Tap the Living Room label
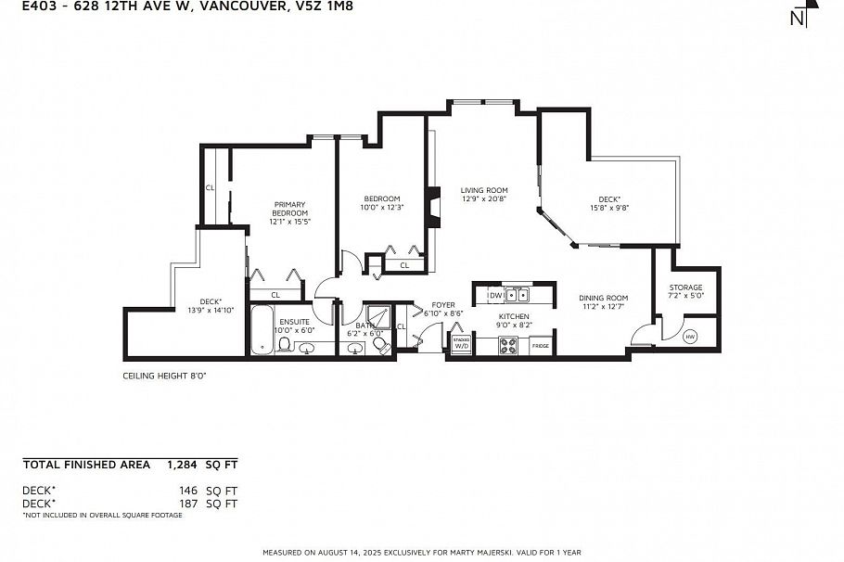point(484,190)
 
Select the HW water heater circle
point(689,337)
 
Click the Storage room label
point(685,287)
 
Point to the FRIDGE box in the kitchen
point(541,346)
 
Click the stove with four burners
point(509,345)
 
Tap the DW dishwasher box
point(496,296)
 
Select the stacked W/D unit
point(461,345)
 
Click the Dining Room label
point(604,298)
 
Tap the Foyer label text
point(443,304)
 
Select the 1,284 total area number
point(183,464)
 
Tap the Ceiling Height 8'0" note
point(164,377)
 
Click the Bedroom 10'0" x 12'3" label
point(381,203)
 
